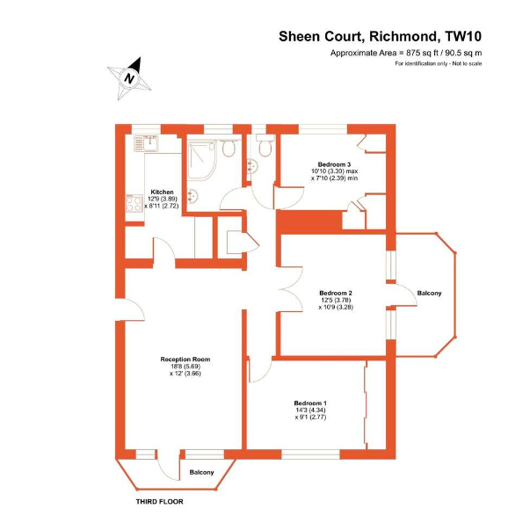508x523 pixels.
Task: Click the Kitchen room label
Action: [x=162, y=192]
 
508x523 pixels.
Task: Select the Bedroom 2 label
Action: [x=336, y=294]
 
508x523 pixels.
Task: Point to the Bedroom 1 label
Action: [x=310, y=403]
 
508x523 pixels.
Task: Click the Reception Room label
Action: [x=185, y=360]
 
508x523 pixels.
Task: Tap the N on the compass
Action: [x=129, y=79]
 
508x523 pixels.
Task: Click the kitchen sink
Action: [x=146, y=144]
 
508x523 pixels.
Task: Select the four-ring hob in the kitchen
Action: [x=134, y=203]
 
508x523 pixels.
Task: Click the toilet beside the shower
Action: [x=229, y=148]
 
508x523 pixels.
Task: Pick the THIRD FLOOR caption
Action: [x=159, y=501]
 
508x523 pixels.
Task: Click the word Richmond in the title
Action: [x=403, y=36]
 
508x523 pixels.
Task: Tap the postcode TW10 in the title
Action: [x=463, y=36]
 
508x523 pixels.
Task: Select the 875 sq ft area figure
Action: [x=422, y=53]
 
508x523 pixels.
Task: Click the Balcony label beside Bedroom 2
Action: [x=429, y=294]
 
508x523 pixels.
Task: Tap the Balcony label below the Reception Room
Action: [x=201, y=472]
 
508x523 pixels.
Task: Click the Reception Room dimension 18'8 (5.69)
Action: [x=185, y=367]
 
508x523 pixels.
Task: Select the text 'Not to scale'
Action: [x=467, y=63]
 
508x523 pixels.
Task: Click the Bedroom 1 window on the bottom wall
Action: [x=310, y=454]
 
